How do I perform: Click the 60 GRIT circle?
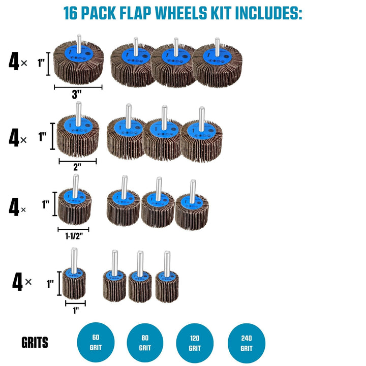click(96, 341)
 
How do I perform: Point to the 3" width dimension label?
click(77, 95)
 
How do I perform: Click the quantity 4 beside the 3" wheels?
click(14, 62)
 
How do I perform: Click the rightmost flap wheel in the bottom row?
click(167, 284)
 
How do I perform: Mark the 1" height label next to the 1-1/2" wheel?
click(46, 205)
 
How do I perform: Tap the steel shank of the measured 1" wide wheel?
click(74, 256)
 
